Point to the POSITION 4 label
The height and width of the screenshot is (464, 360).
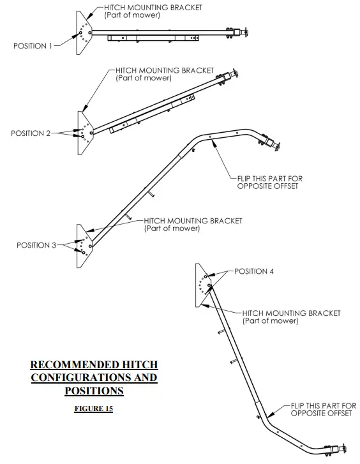tap(254, 271)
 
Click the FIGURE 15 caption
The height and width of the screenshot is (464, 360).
tap(93, 408)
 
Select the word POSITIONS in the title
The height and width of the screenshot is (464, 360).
tap(93, 390)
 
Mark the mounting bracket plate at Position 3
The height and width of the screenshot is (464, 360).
tap(84, 241)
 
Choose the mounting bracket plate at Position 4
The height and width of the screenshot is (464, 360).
tap(202, 285)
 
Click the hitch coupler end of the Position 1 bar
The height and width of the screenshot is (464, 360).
tap(243, 31)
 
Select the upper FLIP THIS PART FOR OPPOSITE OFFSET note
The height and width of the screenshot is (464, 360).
tap(267, 183)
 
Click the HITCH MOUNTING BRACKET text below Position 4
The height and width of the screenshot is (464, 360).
tap(291, 317)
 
